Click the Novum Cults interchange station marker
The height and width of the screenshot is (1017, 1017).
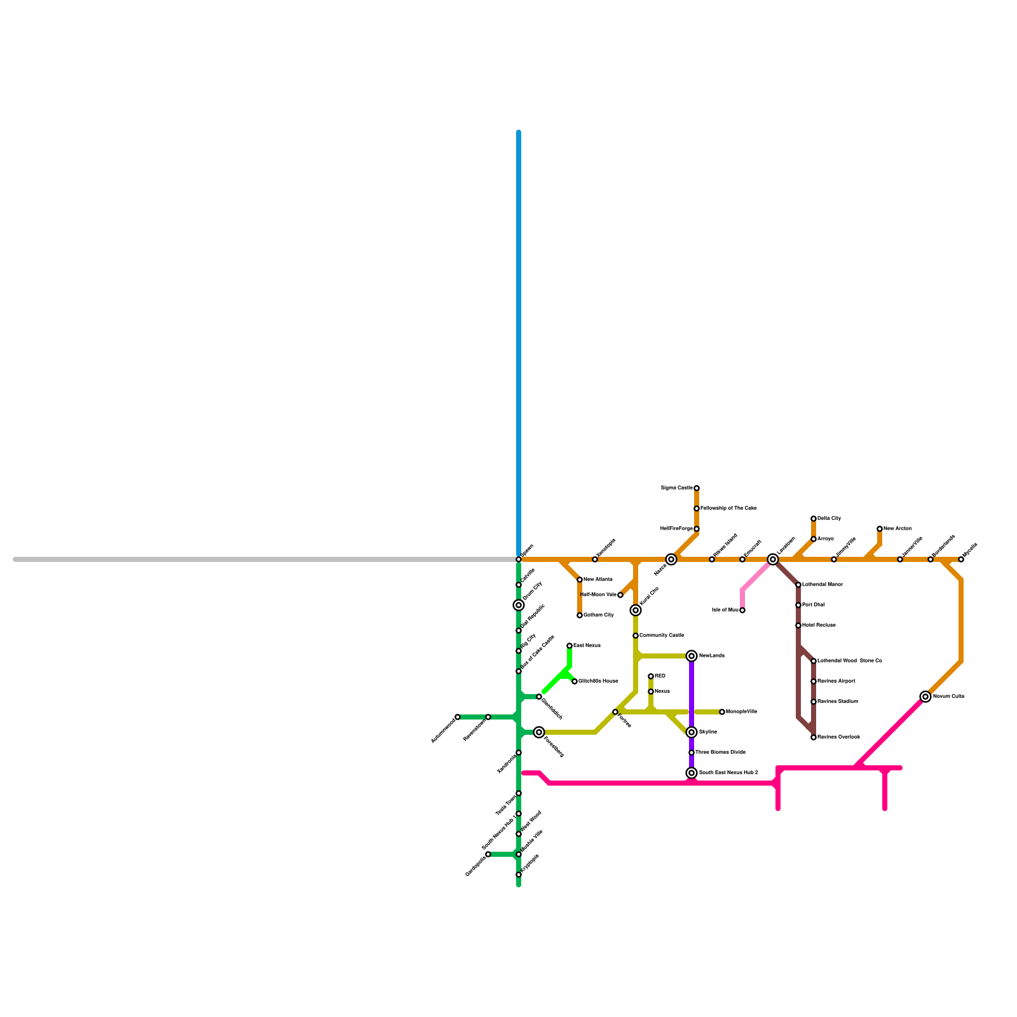(x=925, y=697)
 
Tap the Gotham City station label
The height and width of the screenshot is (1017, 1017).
(x=598, y=615)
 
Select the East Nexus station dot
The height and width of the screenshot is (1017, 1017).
(x=570, y=646)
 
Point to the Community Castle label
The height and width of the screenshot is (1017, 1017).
(x=662, y=636)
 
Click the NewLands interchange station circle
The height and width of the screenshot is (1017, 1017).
(x=692, y=656)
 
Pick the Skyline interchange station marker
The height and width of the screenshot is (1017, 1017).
(x=692, y=732)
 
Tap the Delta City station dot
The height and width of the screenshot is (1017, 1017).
(x=814, y=519)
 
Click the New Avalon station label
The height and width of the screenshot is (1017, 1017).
(x=898, y=529)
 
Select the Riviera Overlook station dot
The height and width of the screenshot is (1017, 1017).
(x=814, y=737)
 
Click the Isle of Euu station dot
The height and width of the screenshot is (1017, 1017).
(x=742, y=610)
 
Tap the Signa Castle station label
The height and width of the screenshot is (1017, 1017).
(x=676, y=488)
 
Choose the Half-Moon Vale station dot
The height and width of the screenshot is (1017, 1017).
(x=620, y=595)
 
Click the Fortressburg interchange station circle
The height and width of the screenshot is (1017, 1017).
(x=539, y=732)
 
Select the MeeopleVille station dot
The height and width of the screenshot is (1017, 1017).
(x=722, y=712)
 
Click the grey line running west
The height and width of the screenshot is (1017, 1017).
(x=254, y=559)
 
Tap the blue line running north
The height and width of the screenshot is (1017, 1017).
(x=519, y=318)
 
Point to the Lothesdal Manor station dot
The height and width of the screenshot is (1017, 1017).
(x=798, y=585)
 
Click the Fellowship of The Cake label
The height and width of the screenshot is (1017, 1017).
(x=728, y=508)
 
